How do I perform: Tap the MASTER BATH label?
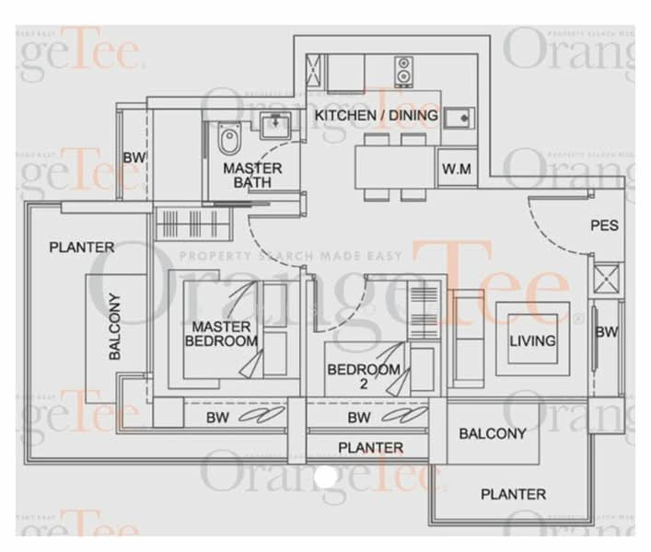click(252, 176)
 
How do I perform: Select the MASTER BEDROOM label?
click(221, 334)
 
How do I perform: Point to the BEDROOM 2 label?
click(365, 376)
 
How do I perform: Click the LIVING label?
click(533, 340)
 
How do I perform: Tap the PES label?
click(604, 225)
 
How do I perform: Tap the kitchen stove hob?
click(403, 67)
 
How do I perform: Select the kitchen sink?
click(454, 118)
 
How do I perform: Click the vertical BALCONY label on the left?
click(116, 331)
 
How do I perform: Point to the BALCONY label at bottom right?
click(493, 433)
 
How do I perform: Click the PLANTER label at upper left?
click(82, 247)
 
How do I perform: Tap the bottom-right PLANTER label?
click(513, 494)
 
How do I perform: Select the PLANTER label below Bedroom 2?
click(370, 448)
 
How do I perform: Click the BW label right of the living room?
click(606, 332)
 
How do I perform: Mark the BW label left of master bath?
click(134, 157)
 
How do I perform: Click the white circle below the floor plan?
click(324, 476)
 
